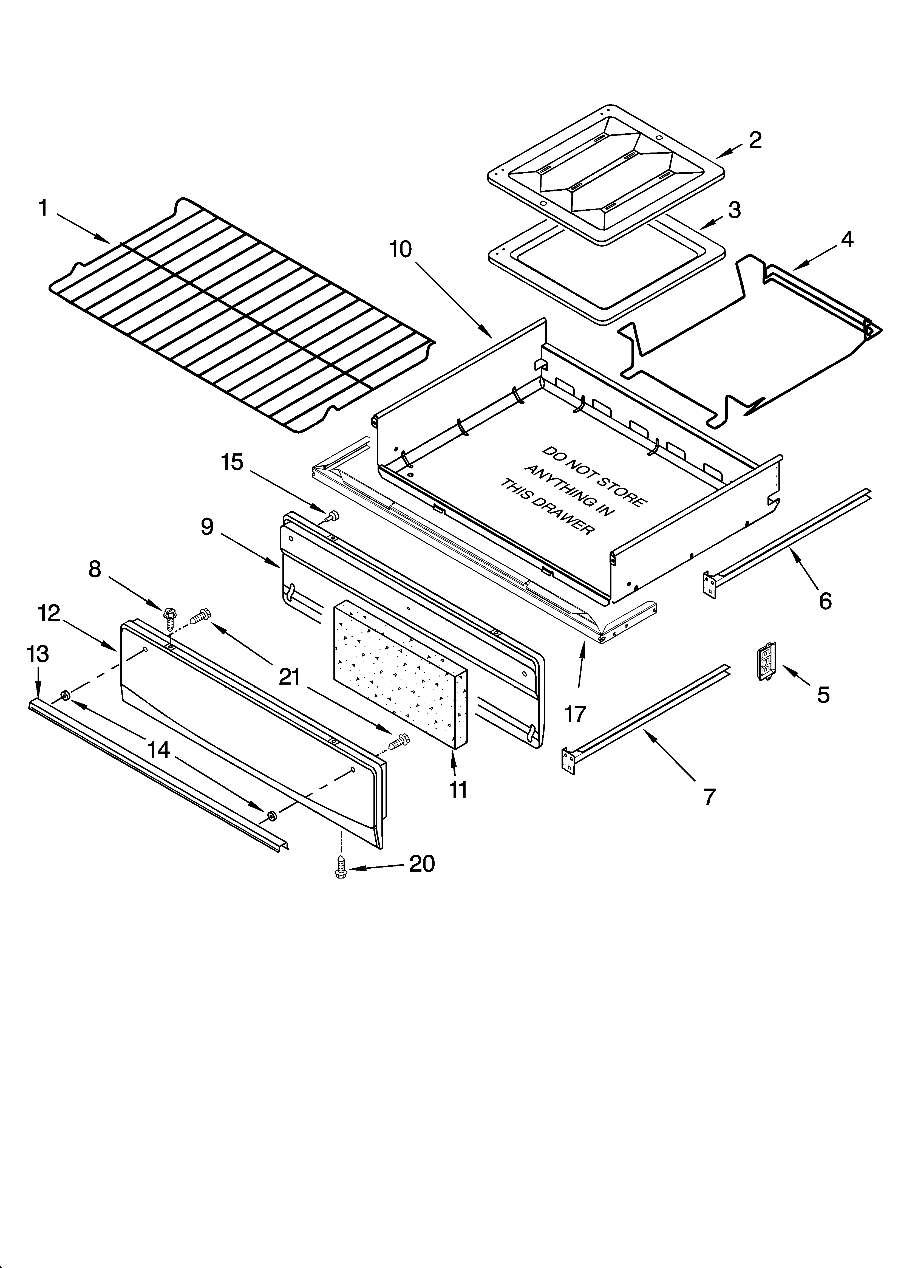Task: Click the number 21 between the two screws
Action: click(x=290, y=677)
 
